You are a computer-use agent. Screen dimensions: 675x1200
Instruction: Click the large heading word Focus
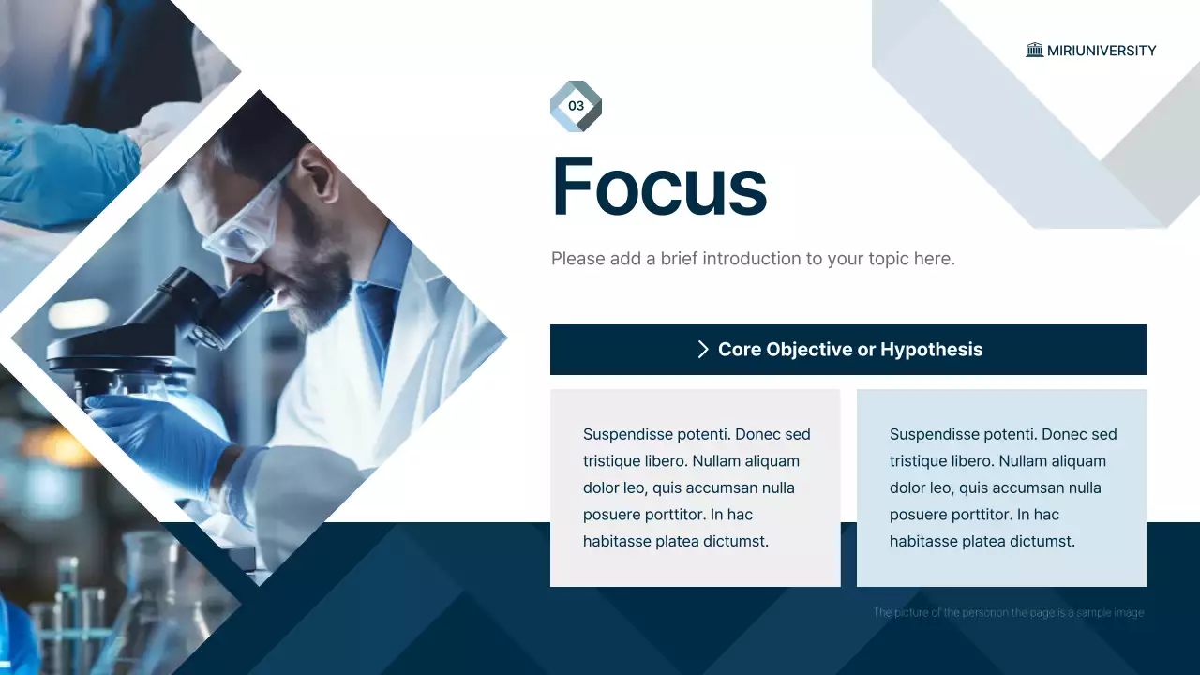[x=659, y=186]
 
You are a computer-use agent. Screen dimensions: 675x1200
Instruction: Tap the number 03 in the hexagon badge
[x=576, y=106]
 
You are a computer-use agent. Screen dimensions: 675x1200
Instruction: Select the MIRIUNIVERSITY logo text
[x=1102, y=51]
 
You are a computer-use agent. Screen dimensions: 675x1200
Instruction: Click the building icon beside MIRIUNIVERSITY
[x=1035, y=51]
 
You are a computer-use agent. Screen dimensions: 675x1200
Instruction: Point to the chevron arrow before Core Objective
[x=703, y=350]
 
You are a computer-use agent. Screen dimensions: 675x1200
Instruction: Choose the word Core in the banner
[x=739, y=350]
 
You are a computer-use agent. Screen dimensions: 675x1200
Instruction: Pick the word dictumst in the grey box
[x=738, y=541]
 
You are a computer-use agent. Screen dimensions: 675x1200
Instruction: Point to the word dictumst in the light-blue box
[x=1044, y=541]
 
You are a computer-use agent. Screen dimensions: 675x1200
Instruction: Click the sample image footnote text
[x=1008, y=613]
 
